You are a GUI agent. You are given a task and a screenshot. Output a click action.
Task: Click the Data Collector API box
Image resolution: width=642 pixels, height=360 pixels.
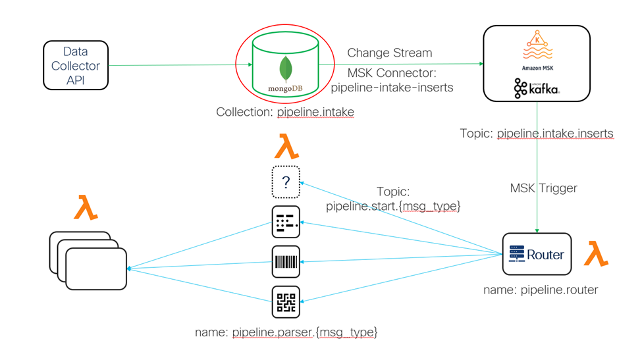click(76, 65)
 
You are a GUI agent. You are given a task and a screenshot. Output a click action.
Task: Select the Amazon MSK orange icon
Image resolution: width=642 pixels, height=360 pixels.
click(537, 47)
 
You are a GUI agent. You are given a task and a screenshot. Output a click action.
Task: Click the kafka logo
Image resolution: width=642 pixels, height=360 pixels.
click(537, 88)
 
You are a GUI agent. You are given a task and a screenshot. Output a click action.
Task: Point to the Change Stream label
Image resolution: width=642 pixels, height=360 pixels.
click(389, 53)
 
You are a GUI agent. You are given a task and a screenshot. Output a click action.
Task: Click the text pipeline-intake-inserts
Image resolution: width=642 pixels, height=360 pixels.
click(392, 88)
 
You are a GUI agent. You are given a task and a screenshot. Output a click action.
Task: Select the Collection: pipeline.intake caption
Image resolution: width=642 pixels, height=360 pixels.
click(285, 112)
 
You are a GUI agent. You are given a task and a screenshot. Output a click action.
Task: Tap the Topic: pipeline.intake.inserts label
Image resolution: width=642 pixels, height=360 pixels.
click(537, 134)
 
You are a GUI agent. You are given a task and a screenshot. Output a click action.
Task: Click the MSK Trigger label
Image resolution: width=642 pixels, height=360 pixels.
click(543, 188)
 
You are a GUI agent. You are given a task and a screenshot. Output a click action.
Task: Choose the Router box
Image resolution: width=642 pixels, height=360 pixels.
click(537, 254)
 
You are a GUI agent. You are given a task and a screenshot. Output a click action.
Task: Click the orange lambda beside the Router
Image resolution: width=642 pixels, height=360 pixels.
click(596, 253)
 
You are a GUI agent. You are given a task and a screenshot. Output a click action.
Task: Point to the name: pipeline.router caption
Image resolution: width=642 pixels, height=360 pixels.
click(541, 290)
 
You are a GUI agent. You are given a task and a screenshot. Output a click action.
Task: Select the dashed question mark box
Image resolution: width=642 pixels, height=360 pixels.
click(286, 182)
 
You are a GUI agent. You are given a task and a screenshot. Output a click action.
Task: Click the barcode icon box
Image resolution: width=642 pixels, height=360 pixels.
click(286, 262)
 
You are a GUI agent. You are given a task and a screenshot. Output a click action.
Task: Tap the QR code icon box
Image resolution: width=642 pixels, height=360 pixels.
click(286, 302)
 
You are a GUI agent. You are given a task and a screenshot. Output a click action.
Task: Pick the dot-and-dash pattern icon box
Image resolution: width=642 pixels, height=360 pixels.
click(286, 222)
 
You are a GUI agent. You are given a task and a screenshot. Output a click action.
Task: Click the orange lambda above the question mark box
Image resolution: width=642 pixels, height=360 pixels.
click(286, 146)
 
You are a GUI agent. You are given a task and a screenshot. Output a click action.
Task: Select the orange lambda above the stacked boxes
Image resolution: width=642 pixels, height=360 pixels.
click(86, 207)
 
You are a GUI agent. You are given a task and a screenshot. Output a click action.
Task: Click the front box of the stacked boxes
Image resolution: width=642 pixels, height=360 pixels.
click(96, 269)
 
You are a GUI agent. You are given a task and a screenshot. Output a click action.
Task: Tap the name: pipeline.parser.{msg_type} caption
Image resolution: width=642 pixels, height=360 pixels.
click(286, 332)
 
